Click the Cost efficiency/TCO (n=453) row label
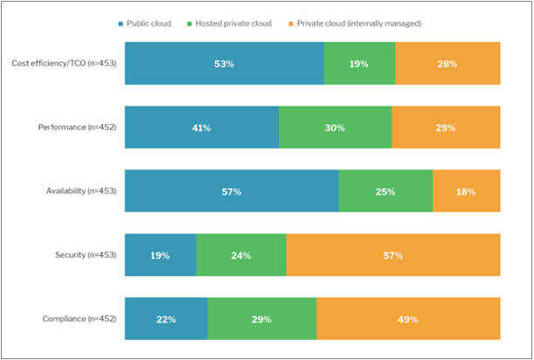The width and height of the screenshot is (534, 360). (64, 63)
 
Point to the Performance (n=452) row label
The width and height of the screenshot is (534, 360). (78, 128)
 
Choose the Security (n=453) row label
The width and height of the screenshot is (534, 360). (85, 255)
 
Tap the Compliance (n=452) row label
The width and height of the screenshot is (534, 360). (79, 319)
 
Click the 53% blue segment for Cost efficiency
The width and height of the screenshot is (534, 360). (224, 63)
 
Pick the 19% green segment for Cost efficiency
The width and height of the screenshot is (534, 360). (359, 63)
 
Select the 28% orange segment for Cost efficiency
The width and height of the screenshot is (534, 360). (447, 63)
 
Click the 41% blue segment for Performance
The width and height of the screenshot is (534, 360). (202, 128)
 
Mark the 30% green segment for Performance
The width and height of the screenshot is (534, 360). (335, 128)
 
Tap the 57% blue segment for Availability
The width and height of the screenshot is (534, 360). (232, 191)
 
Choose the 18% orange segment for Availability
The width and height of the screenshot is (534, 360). (467, 191)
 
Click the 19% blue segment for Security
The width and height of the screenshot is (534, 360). (160, 255)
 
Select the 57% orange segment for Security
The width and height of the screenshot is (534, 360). (392, 255)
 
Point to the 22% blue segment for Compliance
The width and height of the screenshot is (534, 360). (166, 319)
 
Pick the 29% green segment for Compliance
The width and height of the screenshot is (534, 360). (261, 319)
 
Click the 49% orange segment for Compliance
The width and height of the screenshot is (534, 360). (408, 319)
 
